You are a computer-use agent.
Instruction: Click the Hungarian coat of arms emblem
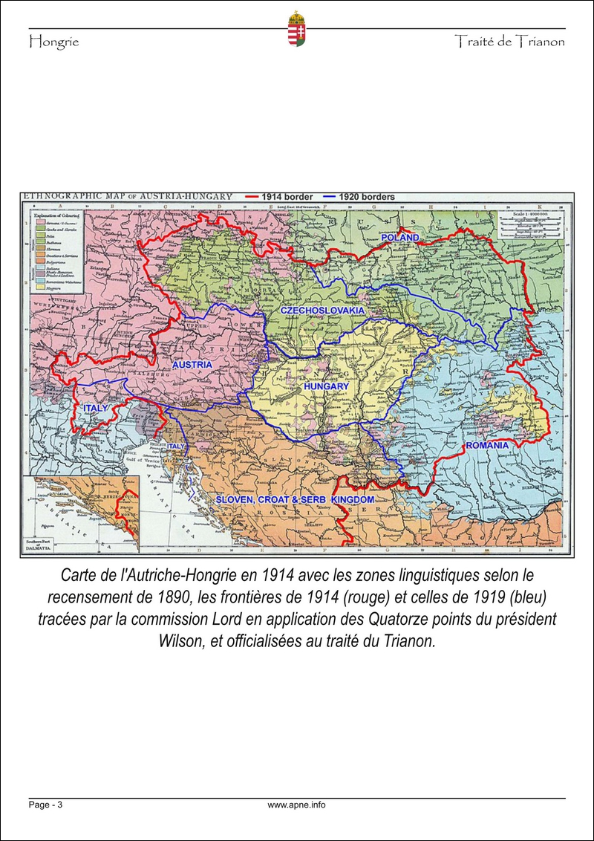pos(297,30)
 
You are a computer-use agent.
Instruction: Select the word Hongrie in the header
pos(53,42)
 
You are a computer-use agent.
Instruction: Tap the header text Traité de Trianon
pos(509,42)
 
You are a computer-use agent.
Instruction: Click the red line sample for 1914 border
pos(258,197)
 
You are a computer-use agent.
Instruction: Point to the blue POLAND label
pos(400,237)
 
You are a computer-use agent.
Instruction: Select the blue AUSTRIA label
pos(192,365)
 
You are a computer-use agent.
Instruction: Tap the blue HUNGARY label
pos(326,387)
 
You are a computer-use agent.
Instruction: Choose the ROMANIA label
pos(487,445)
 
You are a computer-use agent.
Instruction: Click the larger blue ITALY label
pos(96,409)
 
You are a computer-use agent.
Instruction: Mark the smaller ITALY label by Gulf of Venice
pos(175,446)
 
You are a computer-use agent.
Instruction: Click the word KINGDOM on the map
pos(353,501)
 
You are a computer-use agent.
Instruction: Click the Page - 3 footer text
pos(45,805)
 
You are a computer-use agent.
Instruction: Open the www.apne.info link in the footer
pos(296,805)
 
